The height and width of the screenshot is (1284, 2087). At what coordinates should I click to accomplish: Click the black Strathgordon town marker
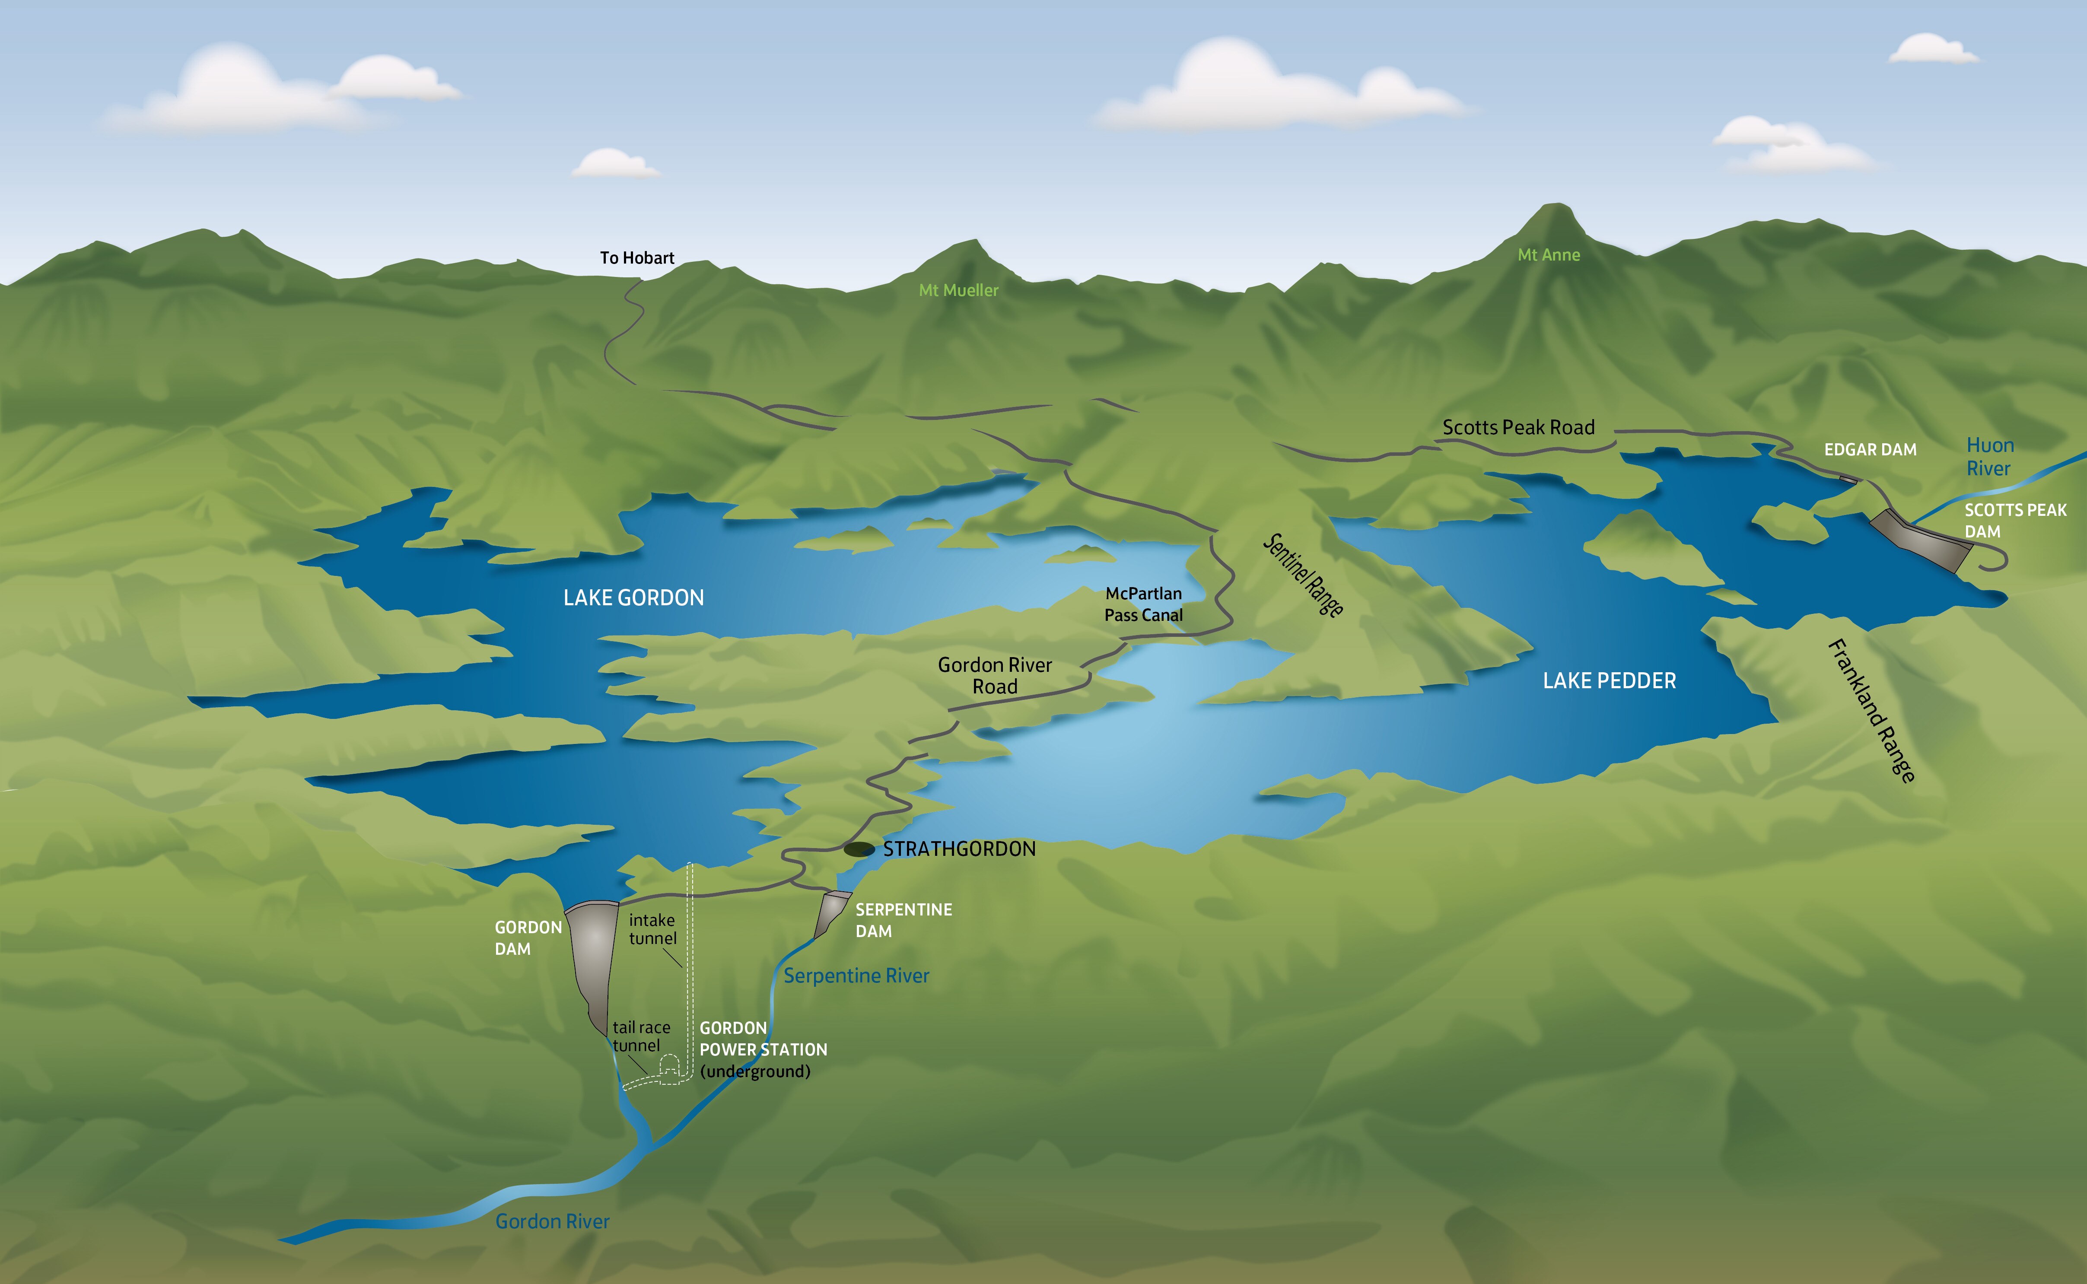pyautogui.click(x=859, y=849)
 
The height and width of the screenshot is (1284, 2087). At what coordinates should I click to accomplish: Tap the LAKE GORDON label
pyautogui.click(x=633, y=598)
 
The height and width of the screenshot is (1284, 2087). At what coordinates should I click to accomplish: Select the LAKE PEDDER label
pyautogui.click(x=1609, y=681)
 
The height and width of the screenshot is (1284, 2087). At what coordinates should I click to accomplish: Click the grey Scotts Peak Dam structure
pyautogui.click(x=1923, y=539)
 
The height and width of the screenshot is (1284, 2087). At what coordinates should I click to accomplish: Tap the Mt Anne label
pyautogui.click(x=1549, y=255)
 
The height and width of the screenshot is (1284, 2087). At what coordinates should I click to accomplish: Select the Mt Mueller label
pyautogui.click(x=958, y=290)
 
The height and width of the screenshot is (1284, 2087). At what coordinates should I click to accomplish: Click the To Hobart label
pyautogui.click(x=637, y=258)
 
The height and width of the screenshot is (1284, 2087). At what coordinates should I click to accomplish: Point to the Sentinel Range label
pyautogui.click(x=1303, y=575)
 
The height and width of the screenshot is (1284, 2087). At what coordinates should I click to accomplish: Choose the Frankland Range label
pyautogui.click(x=1871, y=710)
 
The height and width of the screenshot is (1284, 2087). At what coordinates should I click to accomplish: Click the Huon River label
pyautogui.click(x=1989, y=457)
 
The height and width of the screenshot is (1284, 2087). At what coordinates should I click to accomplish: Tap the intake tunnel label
pyautogui.click(x=652, y=929)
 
